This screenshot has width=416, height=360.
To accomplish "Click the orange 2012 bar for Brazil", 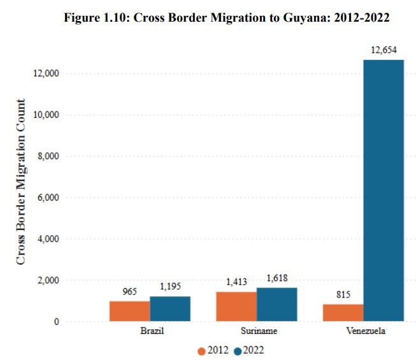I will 129,311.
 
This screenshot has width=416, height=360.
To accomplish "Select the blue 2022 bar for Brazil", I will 170,308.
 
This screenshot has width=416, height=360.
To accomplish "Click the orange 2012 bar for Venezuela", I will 343,313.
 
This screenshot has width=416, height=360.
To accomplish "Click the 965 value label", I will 130,292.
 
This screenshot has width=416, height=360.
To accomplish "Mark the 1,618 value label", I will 276,278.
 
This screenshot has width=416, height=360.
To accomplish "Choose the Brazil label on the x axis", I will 150,332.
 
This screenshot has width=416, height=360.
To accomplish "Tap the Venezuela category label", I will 363,332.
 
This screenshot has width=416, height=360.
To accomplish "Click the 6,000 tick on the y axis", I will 47,198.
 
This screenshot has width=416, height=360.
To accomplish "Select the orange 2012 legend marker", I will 201,350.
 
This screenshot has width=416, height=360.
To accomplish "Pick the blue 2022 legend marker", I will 237,350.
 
